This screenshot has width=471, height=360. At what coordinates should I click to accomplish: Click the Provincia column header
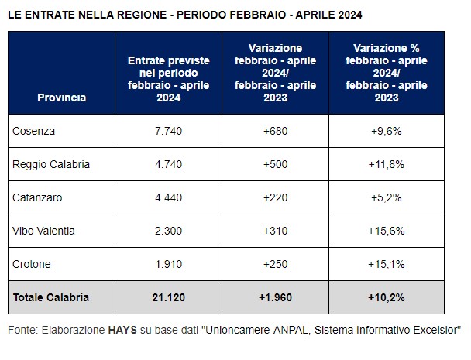click(x=61, y=98)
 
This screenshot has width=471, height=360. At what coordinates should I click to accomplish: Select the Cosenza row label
click(x=33, y=132)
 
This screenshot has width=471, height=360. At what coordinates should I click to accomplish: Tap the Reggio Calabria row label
click(x=51, y=165)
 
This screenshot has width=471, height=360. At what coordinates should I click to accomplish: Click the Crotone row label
click(x=32, y=264)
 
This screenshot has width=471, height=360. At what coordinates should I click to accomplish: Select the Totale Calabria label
click(x=51, y=297)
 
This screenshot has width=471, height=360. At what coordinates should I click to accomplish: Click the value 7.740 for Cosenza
click(x=168, y=132)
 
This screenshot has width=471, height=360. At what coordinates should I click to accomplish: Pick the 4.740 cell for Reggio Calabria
click(x=168, y=165)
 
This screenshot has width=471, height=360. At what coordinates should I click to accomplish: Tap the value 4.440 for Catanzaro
click(x=168, y=197)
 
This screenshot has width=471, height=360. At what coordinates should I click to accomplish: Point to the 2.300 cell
click(x=168, y=231)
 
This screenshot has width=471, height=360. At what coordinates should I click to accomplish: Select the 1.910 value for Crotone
click(x=168, y=264)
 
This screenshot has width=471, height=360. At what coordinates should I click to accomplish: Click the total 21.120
click(x=168, y=297)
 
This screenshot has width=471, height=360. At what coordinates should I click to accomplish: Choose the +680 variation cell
click(x=275, y=132)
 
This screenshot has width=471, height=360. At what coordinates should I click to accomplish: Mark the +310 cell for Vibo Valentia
click(x=275, y=231)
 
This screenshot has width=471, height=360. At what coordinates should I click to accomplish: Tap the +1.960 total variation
click(x=275, y=297)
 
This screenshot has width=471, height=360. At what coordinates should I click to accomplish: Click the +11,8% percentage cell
click(x=387, y=165)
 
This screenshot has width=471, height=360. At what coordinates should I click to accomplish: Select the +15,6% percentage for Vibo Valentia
click(x=387, y=231)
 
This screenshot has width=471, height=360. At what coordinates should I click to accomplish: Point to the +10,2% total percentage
click(x=387, y=297)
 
